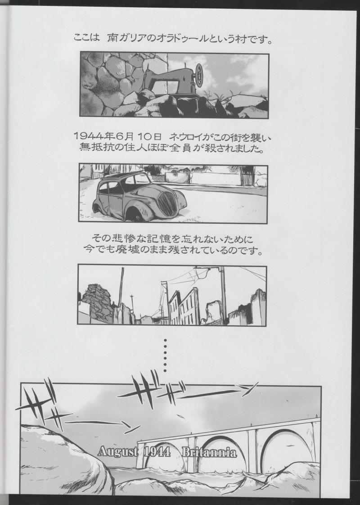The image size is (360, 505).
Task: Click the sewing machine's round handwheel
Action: click(x=199, y=75)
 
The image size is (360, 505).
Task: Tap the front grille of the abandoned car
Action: click(x=167, y=203)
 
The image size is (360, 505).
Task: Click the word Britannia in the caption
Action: click(x=209, y=452)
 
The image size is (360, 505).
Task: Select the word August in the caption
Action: click(x=118, y=452)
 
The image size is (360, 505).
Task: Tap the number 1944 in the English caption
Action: click(x=157, y=451)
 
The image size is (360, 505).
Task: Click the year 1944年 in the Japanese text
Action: click(x=94, y=136)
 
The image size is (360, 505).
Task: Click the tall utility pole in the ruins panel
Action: click(x=223, y=294)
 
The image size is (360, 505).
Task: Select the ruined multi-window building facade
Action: click(x=184, y=306)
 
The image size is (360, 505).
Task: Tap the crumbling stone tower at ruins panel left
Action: click(x=97, y=303)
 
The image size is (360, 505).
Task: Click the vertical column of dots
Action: click(x=165, y=355)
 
